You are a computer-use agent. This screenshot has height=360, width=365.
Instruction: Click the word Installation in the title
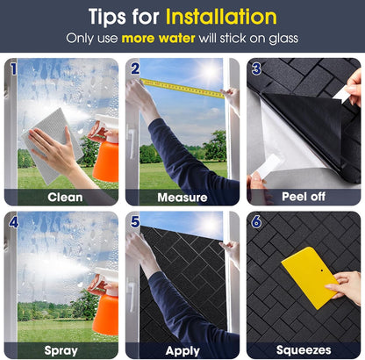click(x=221, y=17)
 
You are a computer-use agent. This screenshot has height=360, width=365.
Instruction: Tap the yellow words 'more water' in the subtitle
click(x=158, y=39)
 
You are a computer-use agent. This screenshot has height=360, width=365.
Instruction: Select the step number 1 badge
click(x=13, y=68)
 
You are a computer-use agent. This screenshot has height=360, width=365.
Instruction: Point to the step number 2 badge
click(x=135, y=68)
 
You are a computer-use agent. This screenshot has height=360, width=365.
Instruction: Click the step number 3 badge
click(x=256, y=69)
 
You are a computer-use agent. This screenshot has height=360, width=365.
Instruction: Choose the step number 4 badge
click(x=13, y=222)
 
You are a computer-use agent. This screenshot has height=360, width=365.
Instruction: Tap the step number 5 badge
click(x=135, y=222)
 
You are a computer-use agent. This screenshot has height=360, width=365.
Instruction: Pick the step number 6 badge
click(x=256, y=222)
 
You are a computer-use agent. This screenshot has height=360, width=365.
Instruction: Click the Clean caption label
click(x=65, y=198)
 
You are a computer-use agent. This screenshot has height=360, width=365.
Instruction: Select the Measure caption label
click(x=182, y=198)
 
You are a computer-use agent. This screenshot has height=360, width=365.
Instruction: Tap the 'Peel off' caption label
click(x=304, y=197)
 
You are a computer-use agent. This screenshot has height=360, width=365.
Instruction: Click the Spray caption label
click(x=61, y=350)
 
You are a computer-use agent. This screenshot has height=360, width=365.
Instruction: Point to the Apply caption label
click(x=182, y=350)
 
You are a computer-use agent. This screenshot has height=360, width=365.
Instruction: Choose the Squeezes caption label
click(x=304, y=350)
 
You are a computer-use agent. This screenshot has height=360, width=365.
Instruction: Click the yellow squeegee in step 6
click(x=310, y=277)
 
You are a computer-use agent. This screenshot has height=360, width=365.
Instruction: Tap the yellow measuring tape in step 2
click(x=182, y=88)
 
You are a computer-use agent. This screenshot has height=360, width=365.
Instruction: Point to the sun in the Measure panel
click(x=210, y=72)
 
